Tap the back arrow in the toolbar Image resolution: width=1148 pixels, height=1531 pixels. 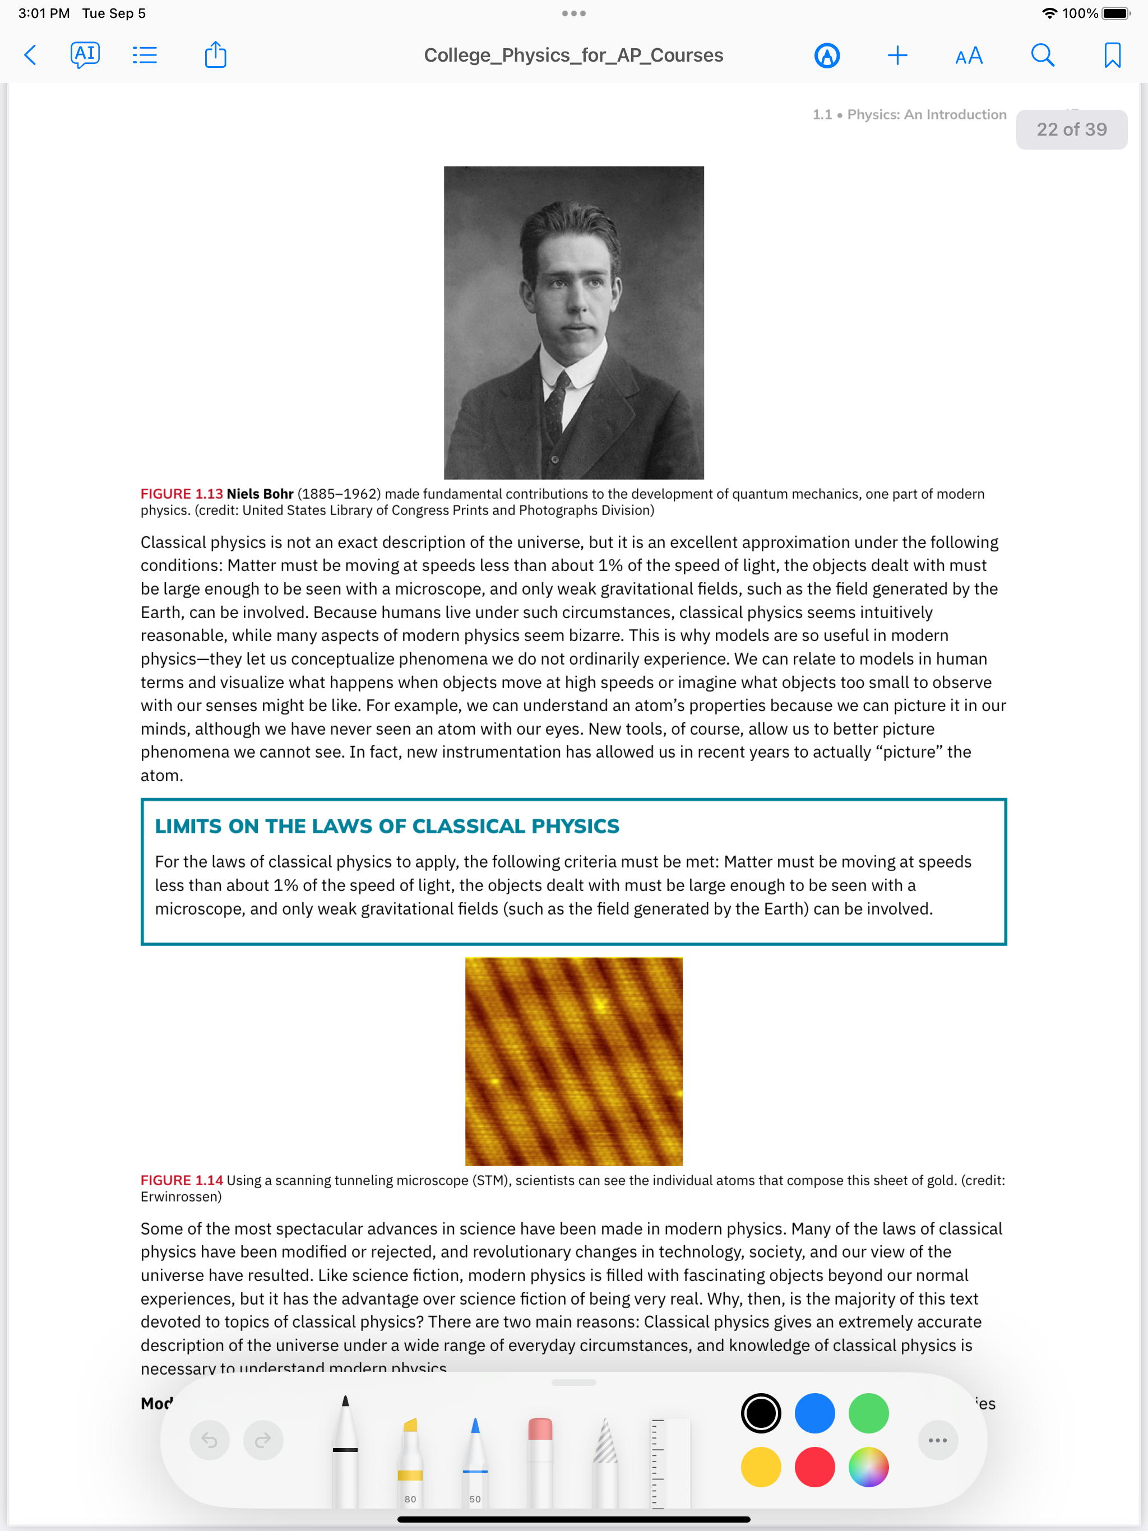pos(30,55)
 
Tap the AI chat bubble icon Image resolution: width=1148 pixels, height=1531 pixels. pos(85,55)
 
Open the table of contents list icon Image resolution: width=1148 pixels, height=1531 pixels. pos(145,55)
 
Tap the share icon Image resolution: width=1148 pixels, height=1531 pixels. pos(215,55)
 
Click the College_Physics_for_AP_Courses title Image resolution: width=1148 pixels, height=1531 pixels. pos(573,55)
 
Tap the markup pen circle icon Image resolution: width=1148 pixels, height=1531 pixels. pos(827,55)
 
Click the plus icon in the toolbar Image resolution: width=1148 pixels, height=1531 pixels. pos(897,55)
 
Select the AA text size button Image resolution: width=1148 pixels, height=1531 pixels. pos(969,55)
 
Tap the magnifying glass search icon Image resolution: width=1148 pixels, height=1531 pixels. pos(1042,55)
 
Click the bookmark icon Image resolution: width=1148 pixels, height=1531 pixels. pos(1112,55)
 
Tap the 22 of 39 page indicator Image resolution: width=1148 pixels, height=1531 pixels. pos(1071,129)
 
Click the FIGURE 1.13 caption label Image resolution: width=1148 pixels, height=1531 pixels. pos(182,494)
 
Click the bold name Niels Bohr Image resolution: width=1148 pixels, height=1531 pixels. pos(260,494)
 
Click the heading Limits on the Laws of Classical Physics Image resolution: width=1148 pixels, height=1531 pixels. pos(387,827)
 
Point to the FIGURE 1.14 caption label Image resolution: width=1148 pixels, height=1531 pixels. pos(182,1180)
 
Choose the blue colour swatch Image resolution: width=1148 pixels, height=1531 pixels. pos(814,1413)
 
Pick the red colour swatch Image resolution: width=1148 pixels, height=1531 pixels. pos(814,1467)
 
